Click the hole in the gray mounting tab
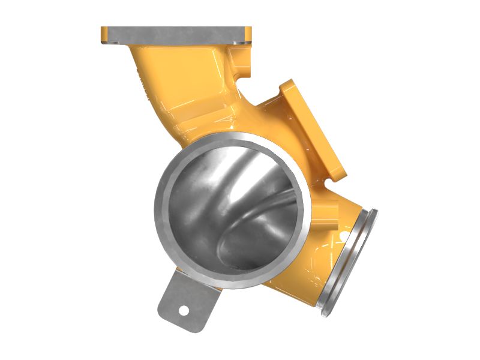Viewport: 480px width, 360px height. point(185,310)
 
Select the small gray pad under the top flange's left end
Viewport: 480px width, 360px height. point(112,43)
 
